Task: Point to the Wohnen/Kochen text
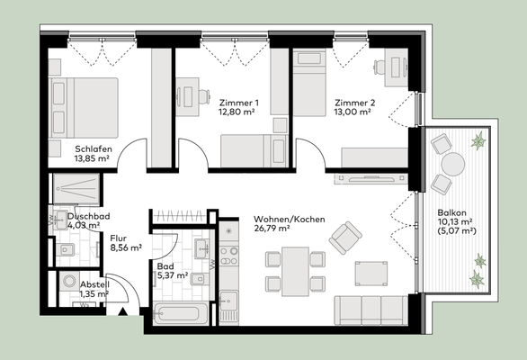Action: (289, 220)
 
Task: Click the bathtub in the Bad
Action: (180, 315)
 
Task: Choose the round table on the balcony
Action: (451, 165)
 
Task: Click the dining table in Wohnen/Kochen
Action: (292, 270)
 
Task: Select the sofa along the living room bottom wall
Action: (370, 310)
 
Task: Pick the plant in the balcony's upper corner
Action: (478, 140)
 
